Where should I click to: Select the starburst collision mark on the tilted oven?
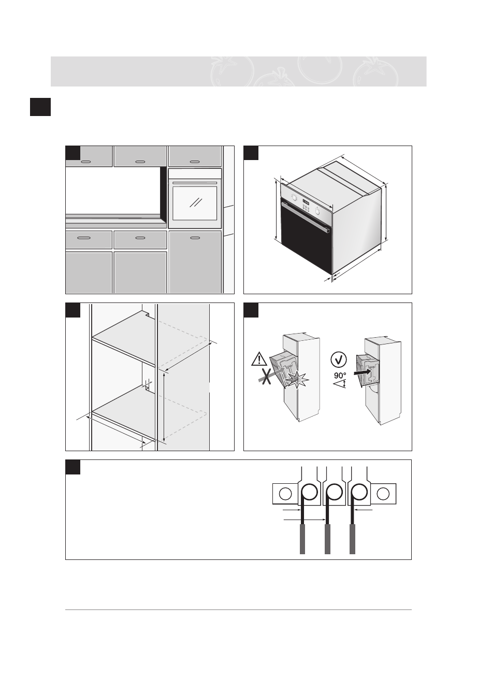click(297, 381)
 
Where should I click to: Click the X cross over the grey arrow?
click(266, 377)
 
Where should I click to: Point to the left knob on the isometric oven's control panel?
click(294, 198)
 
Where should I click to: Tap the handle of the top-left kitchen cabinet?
click(86, 162)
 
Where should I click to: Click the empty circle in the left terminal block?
click(285, 494)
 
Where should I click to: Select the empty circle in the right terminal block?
click(383, 494)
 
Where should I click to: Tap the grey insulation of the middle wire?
click(327, 539)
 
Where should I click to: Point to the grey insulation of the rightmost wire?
click(353, 539)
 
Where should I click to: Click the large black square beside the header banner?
click(40, 107)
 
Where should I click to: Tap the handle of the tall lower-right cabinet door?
click(195, 238)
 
